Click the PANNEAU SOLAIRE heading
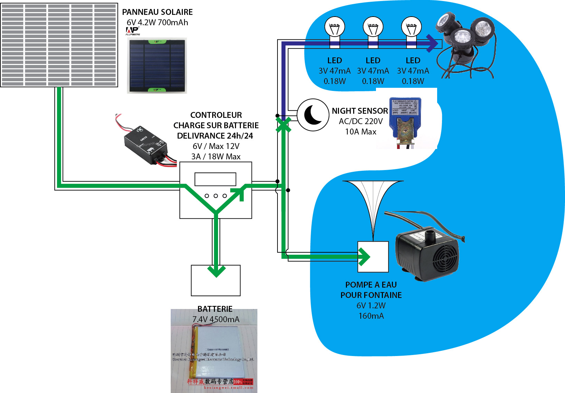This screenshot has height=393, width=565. point(157,12)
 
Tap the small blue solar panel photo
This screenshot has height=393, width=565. point(157,66)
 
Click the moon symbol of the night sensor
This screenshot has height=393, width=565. point(313,115)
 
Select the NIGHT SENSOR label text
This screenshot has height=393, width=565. point(360,111)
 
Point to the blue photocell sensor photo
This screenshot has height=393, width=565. point(405,121)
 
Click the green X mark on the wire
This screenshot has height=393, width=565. point(283,125)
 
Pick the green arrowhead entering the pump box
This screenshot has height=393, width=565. point(364,257)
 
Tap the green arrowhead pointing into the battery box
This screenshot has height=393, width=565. point(216,271)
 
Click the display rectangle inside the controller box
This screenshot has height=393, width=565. point(215,179)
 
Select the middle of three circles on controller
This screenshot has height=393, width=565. point(216,196)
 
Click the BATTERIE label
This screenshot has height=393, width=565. point(215,309)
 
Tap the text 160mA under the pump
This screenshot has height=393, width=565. point(371,316)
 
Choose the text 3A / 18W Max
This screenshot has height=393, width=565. point(216,157)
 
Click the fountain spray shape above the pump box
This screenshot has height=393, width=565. point(373,204)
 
